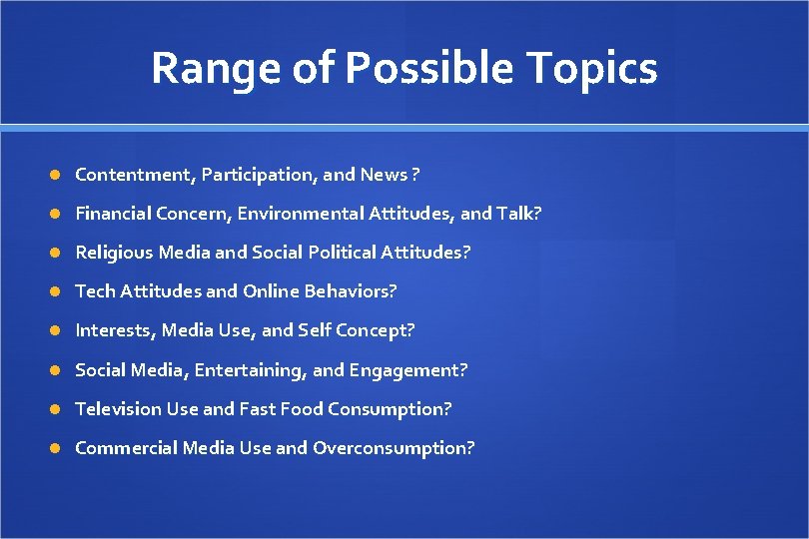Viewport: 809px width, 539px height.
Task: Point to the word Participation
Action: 260,175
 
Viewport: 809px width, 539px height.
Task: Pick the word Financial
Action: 114,214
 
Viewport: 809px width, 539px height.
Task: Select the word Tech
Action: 95,291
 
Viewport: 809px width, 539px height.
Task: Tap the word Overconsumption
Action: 394,448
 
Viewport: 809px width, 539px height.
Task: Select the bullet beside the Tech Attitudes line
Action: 56,291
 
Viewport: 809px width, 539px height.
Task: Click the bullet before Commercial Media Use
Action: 56,448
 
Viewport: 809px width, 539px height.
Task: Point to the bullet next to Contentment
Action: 56,175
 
